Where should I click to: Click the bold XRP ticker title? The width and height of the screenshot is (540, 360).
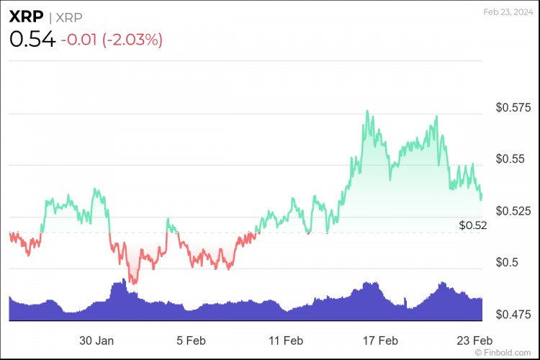(25, 16)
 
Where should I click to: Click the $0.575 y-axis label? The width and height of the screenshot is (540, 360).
(513, 108)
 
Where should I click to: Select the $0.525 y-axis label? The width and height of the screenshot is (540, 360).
(513, 211)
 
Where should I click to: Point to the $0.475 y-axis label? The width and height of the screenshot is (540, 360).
(513, 315)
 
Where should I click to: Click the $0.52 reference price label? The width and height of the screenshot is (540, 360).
(473, 225)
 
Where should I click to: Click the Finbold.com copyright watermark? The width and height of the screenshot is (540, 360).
(507, 353)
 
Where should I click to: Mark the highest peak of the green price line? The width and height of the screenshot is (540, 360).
(367, 111)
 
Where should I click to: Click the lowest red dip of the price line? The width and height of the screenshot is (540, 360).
(133, 283)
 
